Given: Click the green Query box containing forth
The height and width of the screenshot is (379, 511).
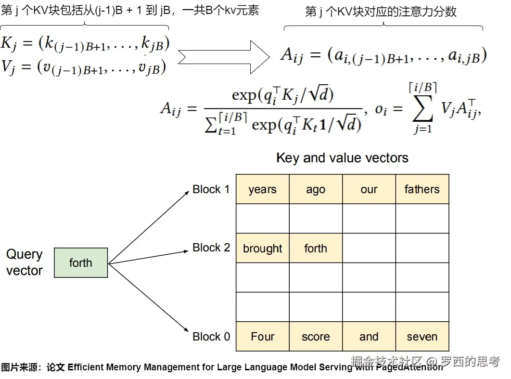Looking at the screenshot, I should coord(81,263).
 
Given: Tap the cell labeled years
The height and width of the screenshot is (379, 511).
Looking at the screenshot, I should coord(263,189).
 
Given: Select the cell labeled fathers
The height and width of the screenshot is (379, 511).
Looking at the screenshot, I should coord(422,189).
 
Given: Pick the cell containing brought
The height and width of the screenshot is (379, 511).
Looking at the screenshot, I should coord(263,248).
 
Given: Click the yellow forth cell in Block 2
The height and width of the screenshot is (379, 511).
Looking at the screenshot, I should coord(316,248).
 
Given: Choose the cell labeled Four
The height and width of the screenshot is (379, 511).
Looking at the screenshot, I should coord(263,337).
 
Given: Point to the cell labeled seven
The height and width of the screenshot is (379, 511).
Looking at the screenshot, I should coord(422,337).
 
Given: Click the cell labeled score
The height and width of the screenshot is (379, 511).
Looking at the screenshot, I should coord(316,337).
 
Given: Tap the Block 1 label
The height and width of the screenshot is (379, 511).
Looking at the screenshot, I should coord(211,189).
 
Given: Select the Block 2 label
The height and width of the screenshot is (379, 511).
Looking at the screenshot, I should coord(211,248).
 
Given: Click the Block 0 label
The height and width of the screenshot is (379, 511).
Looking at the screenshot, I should coord(211,337).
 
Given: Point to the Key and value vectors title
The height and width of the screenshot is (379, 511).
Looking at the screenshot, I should coord(342,158).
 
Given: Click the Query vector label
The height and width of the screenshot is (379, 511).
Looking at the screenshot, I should coord(25,262).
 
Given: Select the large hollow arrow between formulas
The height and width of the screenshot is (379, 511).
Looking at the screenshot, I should coord(223,56).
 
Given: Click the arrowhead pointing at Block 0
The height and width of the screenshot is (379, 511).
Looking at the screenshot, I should coord(186,330).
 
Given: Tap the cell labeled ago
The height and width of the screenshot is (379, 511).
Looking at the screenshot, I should coord(316,189).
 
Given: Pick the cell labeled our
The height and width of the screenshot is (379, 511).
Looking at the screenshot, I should coord(369,189).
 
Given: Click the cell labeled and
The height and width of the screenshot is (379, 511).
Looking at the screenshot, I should coord(369,337).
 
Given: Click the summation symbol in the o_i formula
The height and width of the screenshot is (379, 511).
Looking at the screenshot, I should coord(423,110).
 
